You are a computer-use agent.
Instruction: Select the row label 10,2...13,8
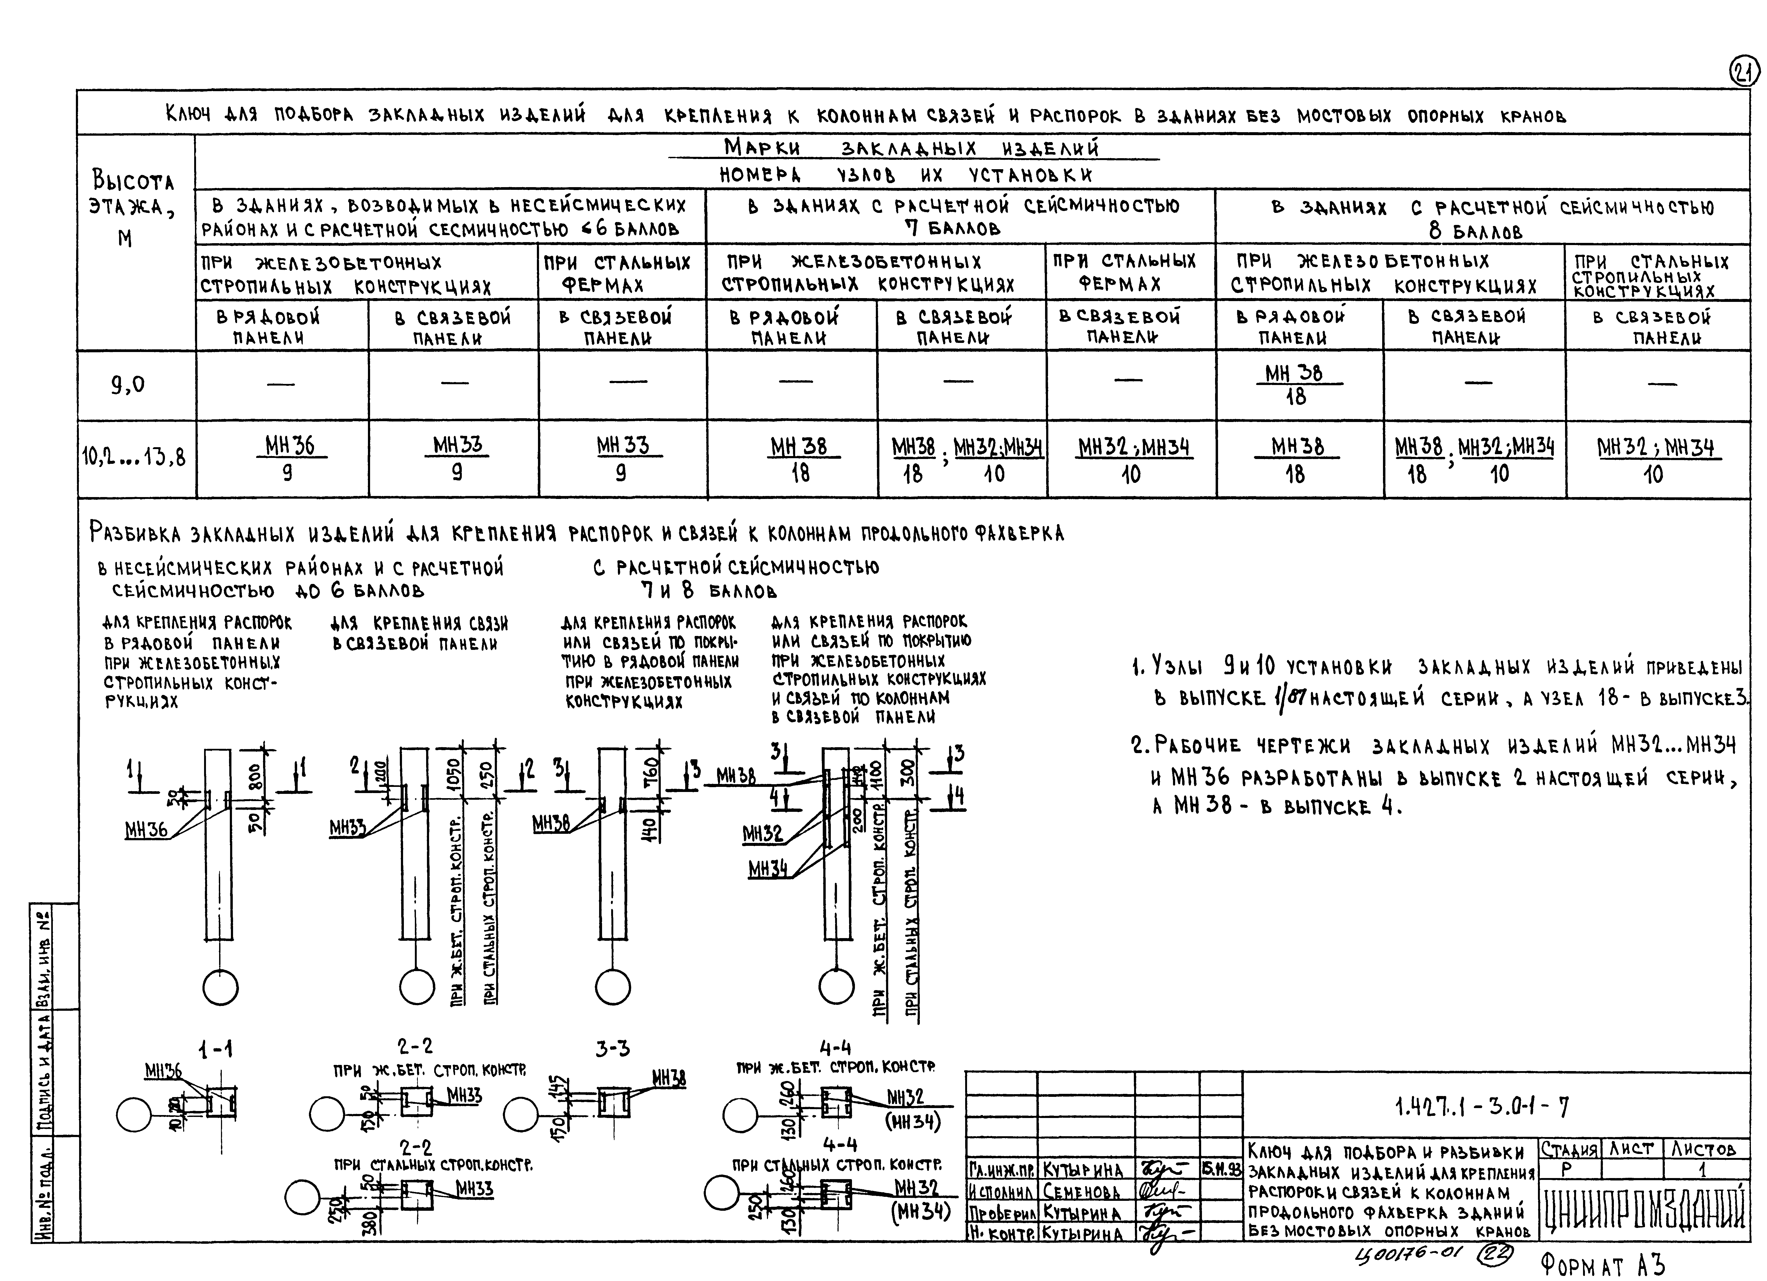[x=134, y=457]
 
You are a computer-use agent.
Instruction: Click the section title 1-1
[x=215, y=1050]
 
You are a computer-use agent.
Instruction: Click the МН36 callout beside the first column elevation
[x=146, y=830]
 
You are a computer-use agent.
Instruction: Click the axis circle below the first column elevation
[x=220, y=988]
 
